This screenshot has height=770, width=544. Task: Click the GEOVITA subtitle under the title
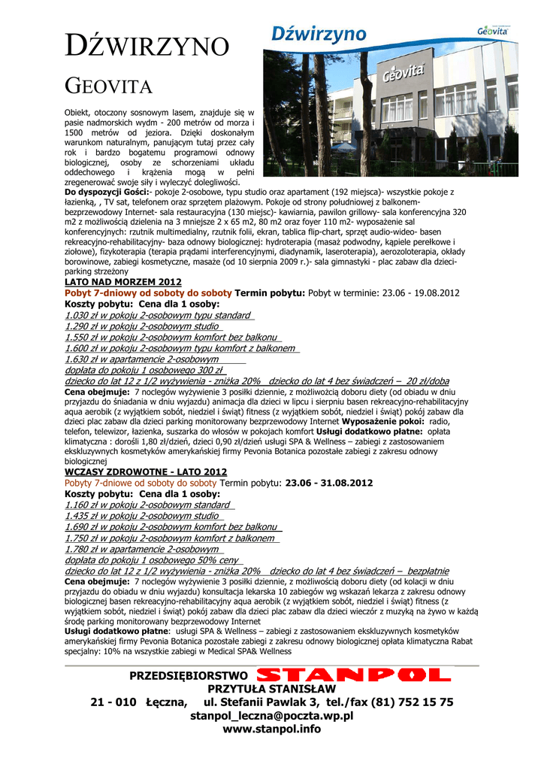109,84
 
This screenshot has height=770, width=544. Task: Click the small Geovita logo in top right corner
493,32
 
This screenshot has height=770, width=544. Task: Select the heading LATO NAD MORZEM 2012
124,281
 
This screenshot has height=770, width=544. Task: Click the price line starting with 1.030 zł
159,316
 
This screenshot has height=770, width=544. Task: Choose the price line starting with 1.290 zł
143,326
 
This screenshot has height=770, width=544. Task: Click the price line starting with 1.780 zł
143,549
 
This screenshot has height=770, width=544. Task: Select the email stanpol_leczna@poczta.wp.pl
272,715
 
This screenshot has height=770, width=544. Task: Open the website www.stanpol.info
272,729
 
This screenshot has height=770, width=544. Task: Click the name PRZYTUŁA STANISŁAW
272,689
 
